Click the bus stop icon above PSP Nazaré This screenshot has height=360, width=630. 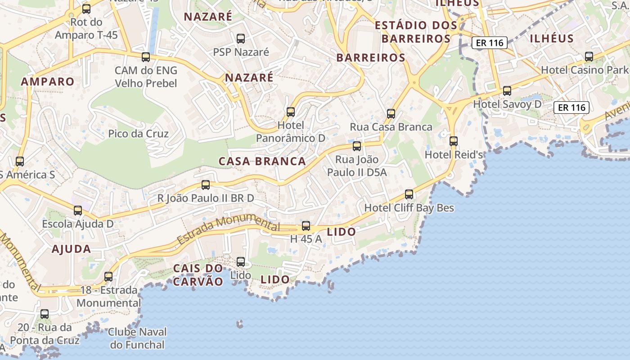point(241,39)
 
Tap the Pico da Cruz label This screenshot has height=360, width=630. point(138,134)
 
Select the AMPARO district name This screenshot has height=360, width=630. point(47,81)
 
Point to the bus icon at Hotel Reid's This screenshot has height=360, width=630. point(454,141)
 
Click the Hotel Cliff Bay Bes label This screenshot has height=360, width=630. point(409,208)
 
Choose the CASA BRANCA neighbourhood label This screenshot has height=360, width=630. point(262,162)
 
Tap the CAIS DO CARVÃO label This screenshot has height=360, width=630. point(198,275)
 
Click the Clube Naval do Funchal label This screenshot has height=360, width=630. point(137,339)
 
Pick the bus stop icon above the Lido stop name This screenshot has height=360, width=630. point(241,262)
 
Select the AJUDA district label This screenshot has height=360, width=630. point(71,249)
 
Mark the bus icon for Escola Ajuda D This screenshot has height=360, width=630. point(78,210)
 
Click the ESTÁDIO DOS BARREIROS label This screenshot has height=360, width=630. point(415,32)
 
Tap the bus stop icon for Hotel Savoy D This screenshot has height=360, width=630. point(507,91)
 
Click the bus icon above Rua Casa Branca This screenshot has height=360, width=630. point(391,114)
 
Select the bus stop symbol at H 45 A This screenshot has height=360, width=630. point(306,226)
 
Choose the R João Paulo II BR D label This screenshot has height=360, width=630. point(206,198)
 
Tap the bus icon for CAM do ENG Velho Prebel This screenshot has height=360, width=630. point(145,57)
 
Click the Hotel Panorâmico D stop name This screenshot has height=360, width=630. point(291,132)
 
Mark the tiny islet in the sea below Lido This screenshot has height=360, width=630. point(240,324)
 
